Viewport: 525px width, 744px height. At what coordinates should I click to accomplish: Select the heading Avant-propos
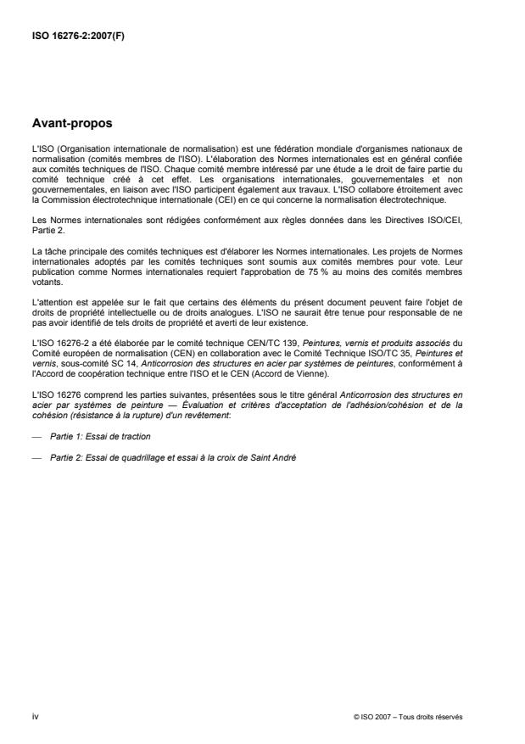pyautogui.click(x=72, y=123)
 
